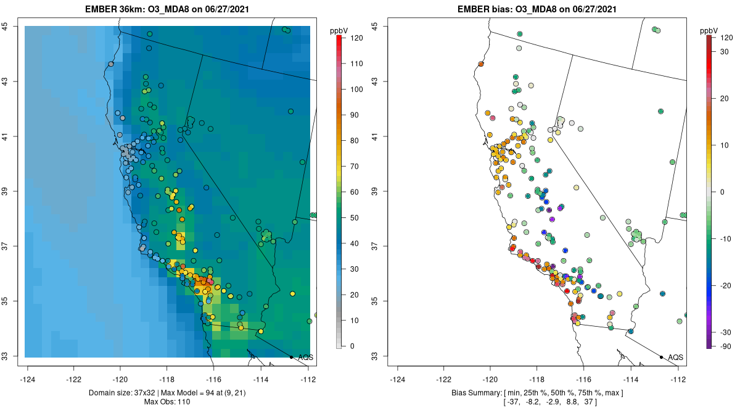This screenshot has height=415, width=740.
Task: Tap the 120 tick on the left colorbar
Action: pyautogui.click(x=356, y=38)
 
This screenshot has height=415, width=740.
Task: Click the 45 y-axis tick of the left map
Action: pyautogui.click(x=13, y=26)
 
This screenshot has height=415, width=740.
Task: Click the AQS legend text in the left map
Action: pyautogui.click(x=305, y=357)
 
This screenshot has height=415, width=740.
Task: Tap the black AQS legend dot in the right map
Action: pyautogui.click(x=661, y=357)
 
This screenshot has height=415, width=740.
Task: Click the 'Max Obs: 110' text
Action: pyautogui.click(x=167, y=402)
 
